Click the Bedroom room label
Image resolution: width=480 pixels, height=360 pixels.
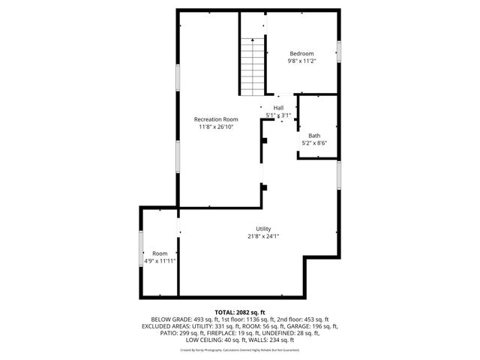point(301,53)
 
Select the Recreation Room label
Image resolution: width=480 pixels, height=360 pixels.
point(216,119)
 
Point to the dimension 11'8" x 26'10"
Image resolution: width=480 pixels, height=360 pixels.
point(216,127)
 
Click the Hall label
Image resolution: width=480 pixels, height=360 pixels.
point(278,108)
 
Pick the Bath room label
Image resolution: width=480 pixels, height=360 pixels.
point(314,135)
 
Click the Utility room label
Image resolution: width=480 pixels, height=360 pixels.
point(263,229)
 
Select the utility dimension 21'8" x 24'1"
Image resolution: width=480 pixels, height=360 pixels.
point(263,236)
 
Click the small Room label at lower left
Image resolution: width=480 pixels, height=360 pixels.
point(160,253)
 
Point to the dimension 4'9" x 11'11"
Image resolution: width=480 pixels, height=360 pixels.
point(160,261)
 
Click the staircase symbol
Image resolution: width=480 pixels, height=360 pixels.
point(253,65)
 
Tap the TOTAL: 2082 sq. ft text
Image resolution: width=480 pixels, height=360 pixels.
point(240,311)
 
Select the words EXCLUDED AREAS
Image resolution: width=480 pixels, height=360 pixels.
point(166,326)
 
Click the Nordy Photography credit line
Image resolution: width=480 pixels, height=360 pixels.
point(240,349)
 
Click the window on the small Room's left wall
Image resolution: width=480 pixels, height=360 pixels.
point(141,248)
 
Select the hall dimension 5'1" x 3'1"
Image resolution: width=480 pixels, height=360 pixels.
point(278,115)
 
